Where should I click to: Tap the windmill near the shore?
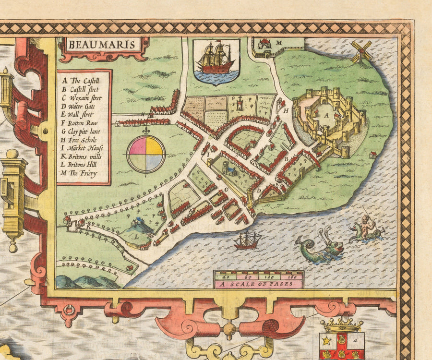click(361, 51)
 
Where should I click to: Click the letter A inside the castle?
click(326, 115)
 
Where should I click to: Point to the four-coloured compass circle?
click(146, 154)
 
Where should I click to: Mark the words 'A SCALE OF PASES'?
click(258, 284)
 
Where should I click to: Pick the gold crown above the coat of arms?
click(342, 324)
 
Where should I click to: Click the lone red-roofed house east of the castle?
click(373, 155)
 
